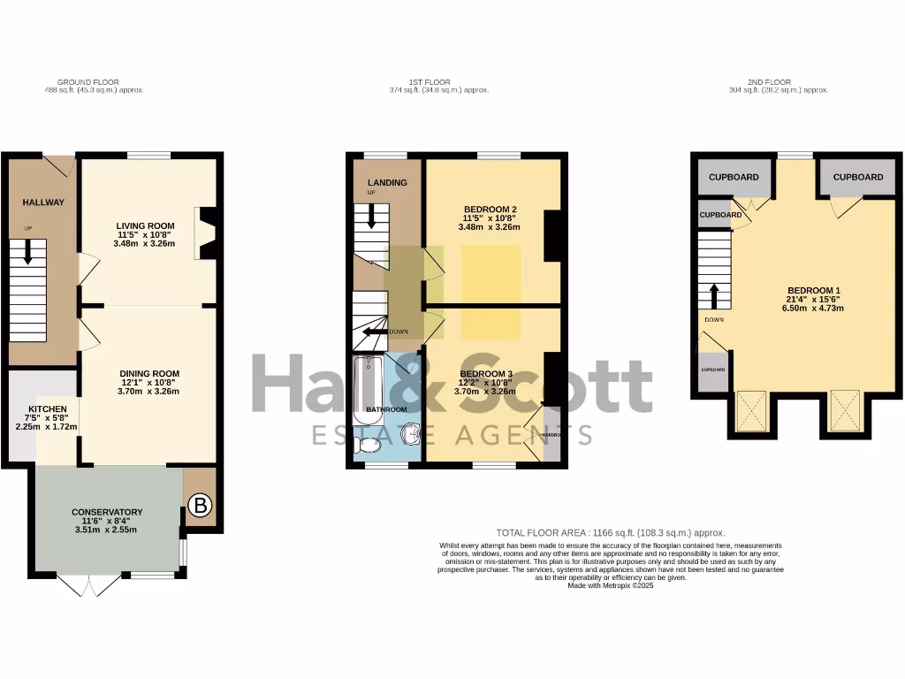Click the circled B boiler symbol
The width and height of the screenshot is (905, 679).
pos(201,506)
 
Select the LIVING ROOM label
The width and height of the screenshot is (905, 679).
pos(148,226)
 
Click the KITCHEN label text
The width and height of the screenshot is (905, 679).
pos(46,408)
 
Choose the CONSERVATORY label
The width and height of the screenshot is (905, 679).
pos(107,512)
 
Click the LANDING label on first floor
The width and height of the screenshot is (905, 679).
pos(387,183)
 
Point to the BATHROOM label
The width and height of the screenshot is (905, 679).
pos(387,409)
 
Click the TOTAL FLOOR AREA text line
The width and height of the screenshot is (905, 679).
pos(610,532)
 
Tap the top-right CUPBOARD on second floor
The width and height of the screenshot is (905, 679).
pos(857,177)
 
